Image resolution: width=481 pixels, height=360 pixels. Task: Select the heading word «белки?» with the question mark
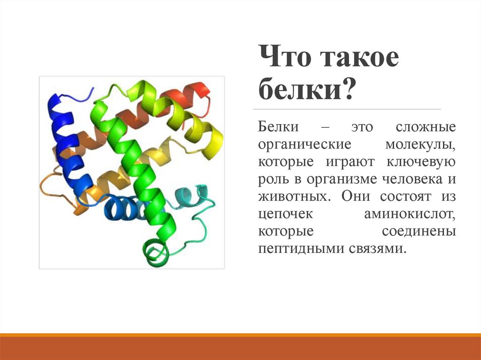[306, 88]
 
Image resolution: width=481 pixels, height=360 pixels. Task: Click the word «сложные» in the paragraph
[426, 127]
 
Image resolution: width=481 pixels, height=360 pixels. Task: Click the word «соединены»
[419, 231]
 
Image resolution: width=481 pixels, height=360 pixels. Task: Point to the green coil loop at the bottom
[156, 253]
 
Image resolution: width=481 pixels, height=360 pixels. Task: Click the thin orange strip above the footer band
[240, 335]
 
